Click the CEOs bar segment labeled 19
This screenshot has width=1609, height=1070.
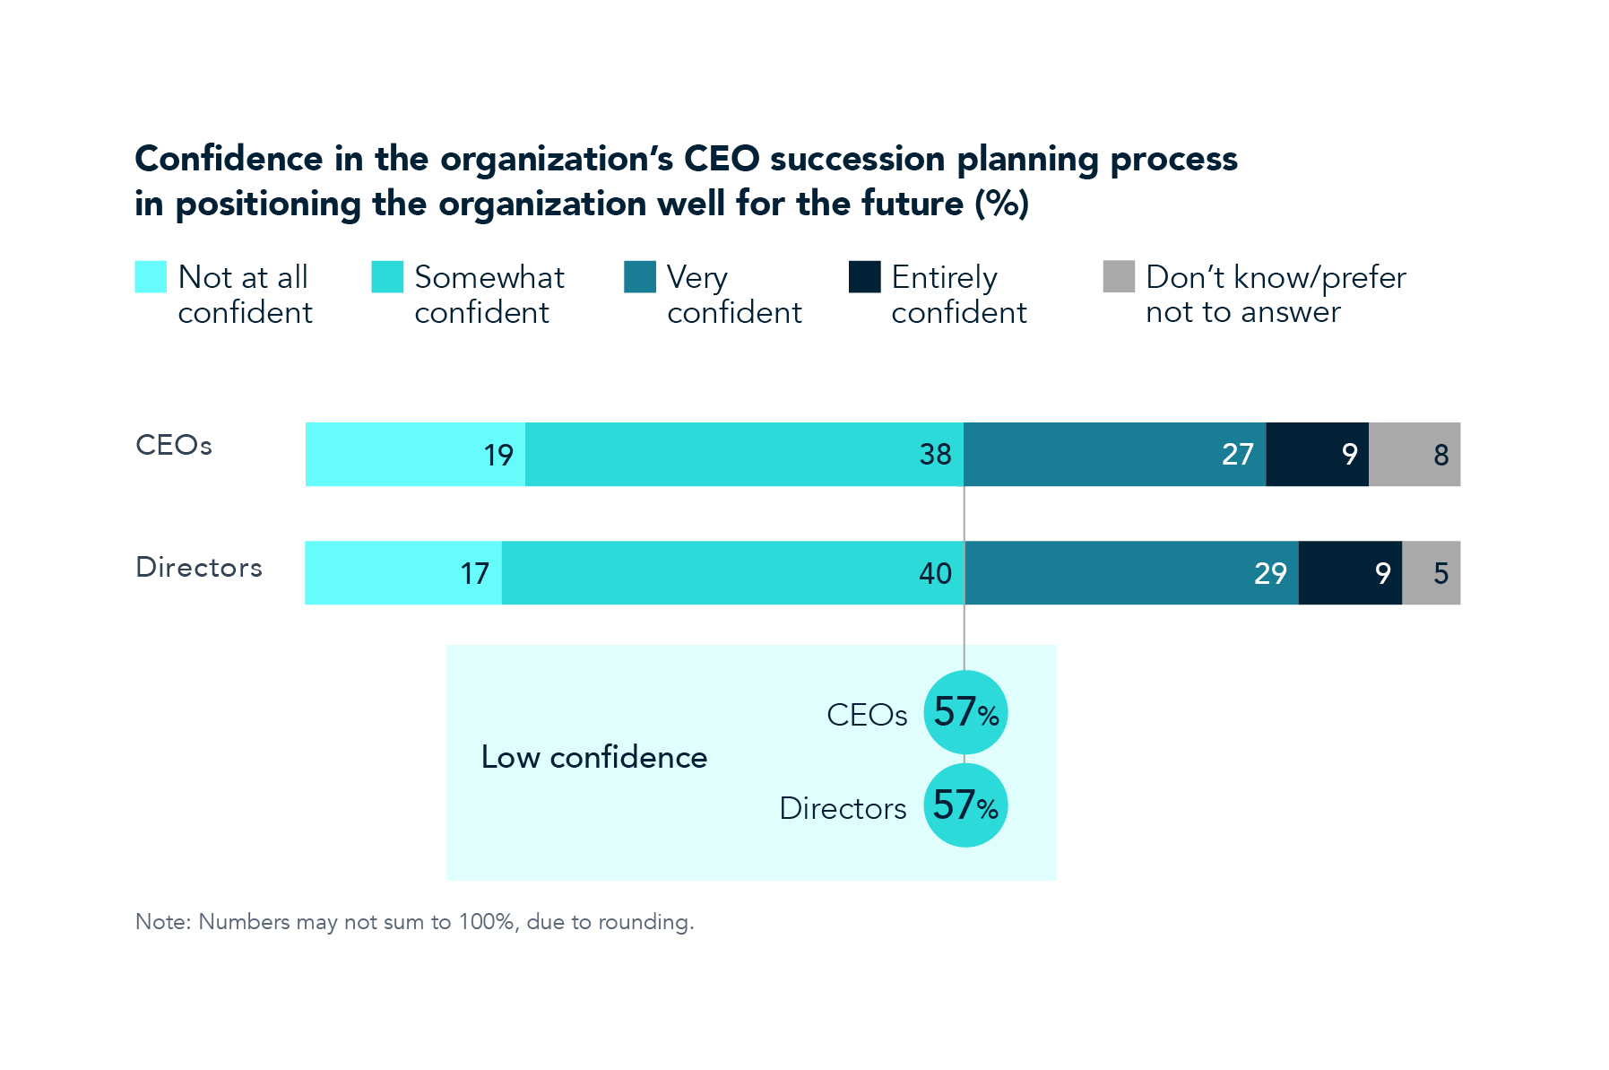[415, 455]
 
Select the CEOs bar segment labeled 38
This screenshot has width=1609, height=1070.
[744, 455]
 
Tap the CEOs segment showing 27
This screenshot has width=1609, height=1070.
[1114, 455]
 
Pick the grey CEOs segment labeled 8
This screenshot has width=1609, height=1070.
[1414, 455]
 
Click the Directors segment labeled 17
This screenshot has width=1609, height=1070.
[403, 573]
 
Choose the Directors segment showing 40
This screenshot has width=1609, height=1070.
[732, 573]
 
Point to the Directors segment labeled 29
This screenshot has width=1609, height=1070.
[1131, 573]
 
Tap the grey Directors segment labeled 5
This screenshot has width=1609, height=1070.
[1432, 573]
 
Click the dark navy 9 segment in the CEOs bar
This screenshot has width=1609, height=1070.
[1317, 455]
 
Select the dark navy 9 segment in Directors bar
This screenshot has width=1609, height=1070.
[1350, 573]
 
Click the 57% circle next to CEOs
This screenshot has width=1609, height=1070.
[965, 713]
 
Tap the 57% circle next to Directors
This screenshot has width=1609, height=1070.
[965, 805]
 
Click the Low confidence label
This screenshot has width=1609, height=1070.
[593, 758]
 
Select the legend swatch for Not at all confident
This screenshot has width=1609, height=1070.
[151, 277]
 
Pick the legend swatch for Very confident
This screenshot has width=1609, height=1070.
[640, 277]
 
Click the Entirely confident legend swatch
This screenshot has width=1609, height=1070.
[865, 277]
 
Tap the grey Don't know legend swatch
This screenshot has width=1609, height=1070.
[1119, 277]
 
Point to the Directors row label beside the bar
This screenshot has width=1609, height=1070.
[199, 568]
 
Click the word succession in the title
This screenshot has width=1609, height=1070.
[857, 159]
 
